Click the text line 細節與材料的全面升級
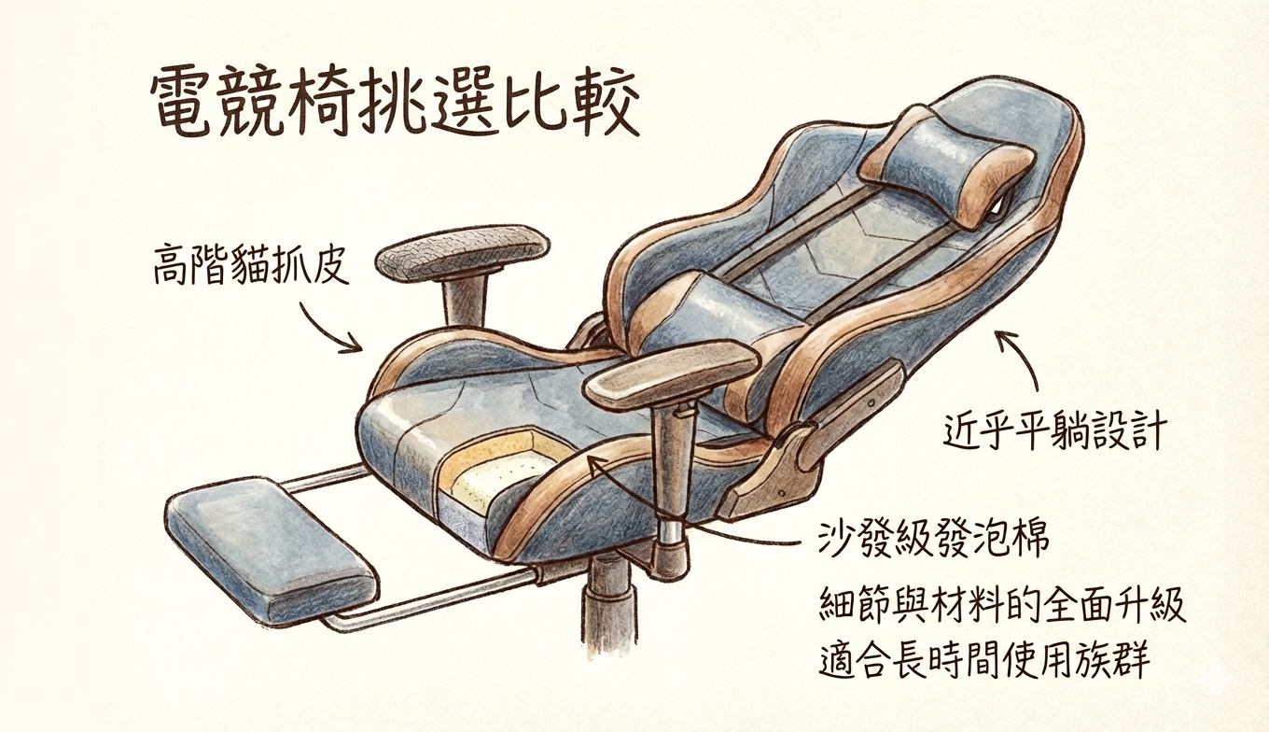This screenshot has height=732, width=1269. [x=1002, y=605]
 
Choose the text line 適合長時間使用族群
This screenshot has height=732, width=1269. [x=983, y=661]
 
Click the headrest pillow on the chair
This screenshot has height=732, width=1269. [x=947, y=166]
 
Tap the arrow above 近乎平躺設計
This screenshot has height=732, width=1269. [x=1022, y=359]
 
